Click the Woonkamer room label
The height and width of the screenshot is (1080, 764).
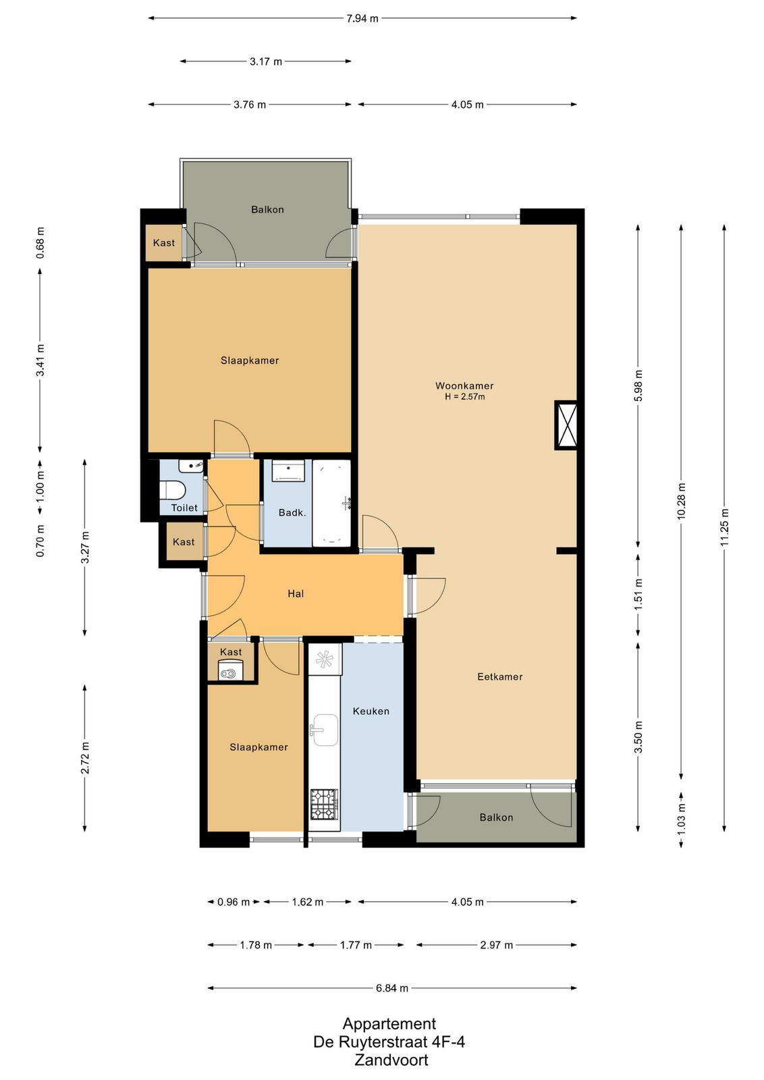[x=464, y=385]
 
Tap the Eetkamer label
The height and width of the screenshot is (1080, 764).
[x=500, y=676]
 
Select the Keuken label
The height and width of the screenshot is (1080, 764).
[x=371, y=711]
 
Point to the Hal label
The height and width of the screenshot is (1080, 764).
[x=296, y=593]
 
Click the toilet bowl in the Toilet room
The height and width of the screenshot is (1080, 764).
[x=172, y=490]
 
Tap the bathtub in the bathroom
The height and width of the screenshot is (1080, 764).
[x=331, y=504]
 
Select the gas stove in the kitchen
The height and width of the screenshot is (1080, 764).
[x=324, y=804]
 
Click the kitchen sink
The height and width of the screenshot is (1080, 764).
[x=324, y=730]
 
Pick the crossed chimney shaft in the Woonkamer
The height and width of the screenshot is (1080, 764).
[x=566, y=425]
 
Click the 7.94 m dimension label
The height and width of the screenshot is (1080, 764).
[x=362, y=18]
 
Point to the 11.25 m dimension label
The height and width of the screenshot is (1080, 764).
[x=724, y=527]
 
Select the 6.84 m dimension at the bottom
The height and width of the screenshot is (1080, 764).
[x=392, y=988]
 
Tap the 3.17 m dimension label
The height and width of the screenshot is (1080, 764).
[x=266, y=61]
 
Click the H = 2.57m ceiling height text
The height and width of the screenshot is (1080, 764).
[x=464, y=397]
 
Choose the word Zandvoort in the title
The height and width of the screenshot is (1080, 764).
[x=391, y=1060]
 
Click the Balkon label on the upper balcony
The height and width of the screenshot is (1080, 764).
[x=267, y=209]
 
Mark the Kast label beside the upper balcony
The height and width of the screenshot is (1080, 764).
[x=163, y=242]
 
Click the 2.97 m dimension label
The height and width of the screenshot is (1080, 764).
[x=497, y=945]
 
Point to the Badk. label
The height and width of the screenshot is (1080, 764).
[x=292, y=512]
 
